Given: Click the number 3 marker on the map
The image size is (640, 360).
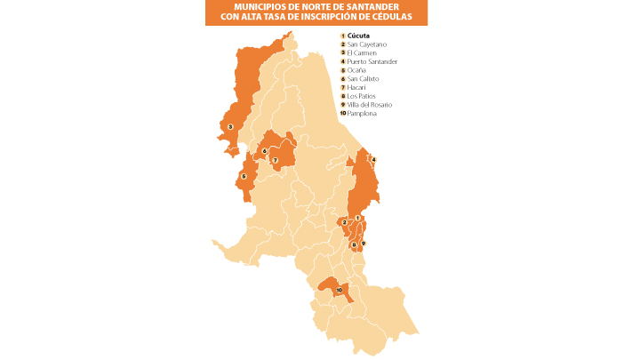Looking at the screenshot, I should [x=230, y=127].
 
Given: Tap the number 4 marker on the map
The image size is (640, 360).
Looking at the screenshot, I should [x=373, y=160].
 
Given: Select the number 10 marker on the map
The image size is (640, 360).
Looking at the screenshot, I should [x=339, y=290].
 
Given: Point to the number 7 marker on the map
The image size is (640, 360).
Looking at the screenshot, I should [x=276, y=161].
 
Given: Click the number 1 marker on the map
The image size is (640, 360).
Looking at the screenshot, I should [x=357, y=218].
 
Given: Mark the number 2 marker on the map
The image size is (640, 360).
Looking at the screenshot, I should [x=344, y=222].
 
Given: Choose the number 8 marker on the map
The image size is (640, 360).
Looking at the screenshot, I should [x=354, y=244].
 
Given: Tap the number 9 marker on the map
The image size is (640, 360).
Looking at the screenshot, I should [x=364, y=244].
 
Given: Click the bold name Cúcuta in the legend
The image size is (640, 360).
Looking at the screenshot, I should [x=360, y=36].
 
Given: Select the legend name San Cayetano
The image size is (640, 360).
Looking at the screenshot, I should [x=367, y=44].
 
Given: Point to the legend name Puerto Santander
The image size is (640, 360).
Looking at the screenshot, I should [x=372, y=61].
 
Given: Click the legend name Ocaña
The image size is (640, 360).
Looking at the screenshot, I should [x=356, y=70].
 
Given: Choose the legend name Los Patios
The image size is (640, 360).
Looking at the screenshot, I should [x=360, y=96].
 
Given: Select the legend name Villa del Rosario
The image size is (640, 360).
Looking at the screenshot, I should [x=369, y=105].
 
